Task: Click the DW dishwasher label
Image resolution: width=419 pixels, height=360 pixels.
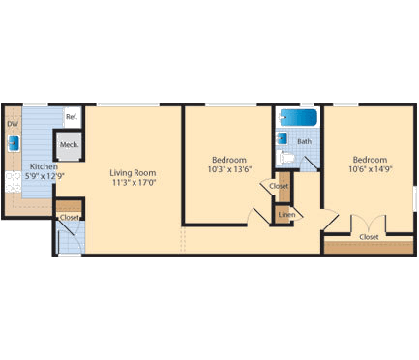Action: (x=13, y=124)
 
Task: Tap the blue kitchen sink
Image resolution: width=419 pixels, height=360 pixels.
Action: (x=14, y=144)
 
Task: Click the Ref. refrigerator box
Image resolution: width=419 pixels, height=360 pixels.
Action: (x=72, y=118)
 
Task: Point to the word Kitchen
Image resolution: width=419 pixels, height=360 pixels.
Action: (x=44, y=166)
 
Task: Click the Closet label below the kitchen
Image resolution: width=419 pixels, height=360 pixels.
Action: (x=70, y=218)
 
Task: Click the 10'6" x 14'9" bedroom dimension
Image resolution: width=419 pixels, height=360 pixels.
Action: (x=370, y=169)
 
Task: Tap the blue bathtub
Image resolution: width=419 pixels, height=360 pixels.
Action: (x=298, y=119)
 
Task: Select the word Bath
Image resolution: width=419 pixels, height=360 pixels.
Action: (x=305, y=141)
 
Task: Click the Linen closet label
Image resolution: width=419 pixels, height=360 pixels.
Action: (x=285, y=214)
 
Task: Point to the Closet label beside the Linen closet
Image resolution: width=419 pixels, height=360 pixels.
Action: (x=280, y=186)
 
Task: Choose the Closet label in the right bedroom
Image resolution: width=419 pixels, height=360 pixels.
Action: (x=369, y=236)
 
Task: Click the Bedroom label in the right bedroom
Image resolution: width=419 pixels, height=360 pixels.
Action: (x=370, y=160)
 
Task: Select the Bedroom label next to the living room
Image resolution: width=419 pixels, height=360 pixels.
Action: (x=228, y=159)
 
